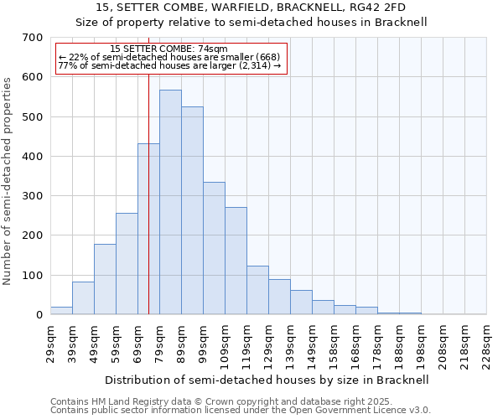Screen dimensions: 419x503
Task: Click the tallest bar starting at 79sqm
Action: pos(170,202)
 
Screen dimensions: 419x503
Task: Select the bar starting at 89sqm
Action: pos(192,210)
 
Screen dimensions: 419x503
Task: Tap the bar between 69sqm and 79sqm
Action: pos(148,229)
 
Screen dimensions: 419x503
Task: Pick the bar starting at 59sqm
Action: pos(127,264)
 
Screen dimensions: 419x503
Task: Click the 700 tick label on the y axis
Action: pos(33,38)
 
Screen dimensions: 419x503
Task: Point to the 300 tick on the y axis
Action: pos(33,196)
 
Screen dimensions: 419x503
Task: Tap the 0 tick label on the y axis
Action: pos(39,315)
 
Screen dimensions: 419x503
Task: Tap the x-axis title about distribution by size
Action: pos(268,380)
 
